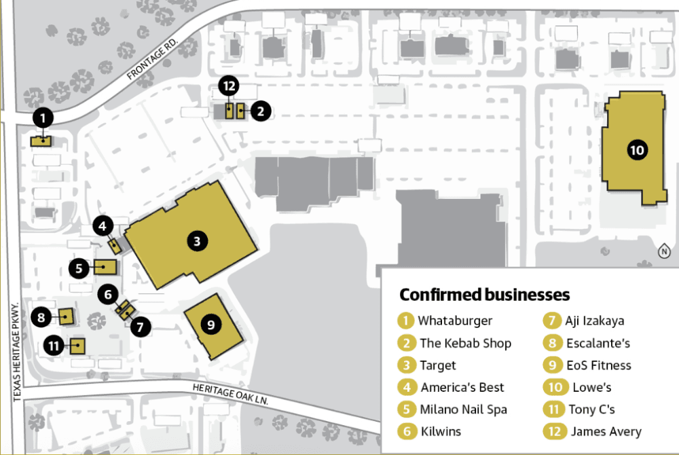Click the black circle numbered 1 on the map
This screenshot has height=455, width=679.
tap(43, 117)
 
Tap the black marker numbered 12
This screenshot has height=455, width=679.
tap(229, 86)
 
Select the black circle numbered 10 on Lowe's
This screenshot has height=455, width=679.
tap(637, 150)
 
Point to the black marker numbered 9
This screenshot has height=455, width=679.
tap(211, 325)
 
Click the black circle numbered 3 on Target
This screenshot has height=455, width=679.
tap(197, 241)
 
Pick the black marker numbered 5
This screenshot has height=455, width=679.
tap(79, 268)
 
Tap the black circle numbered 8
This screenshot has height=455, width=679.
tap(41, 318)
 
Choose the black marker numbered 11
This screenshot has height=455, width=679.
tap(54, 346)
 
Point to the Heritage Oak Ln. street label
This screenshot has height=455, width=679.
tap(230, 394)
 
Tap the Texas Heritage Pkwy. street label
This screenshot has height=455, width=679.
tap(17, 352)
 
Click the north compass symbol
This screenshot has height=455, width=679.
tap(664, 251)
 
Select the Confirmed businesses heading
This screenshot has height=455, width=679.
tap(485, 295)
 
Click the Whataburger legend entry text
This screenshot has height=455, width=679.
tap(455, 321)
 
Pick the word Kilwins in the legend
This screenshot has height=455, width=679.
tap(441, 432)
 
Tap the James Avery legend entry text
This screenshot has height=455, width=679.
tap(606, 432)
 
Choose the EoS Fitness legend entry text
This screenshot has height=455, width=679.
tap(599, 365)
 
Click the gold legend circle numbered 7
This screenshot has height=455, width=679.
tap(551, 321)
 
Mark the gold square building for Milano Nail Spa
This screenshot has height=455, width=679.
tap(105, 267)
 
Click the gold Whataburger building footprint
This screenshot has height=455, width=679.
tap(41, 141)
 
